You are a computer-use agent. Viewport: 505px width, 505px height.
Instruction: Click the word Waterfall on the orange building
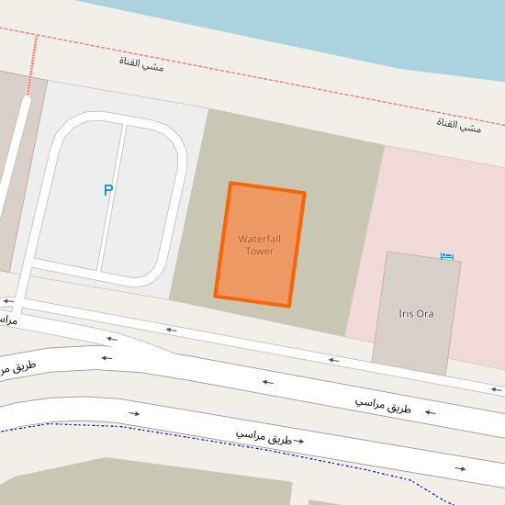(x=259, y=239)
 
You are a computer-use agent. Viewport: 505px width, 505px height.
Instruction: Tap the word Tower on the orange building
(x=259, y=251)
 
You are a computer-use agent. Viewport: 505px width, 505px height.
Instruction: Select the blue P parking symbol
(x=107, y=191)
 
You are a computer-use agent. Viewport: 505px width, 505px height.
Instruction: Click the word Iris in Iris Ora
(x=407, y=314)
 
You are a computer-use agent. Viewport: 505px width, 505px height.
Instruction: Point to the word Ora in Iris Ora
(x=424, y=314)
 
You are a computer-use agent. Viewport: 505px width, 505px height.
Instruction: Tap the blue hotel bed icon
(x=447, y=256)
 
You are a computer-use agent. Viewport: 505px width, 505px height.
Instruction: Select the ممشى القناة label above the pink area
(x=458, y=126)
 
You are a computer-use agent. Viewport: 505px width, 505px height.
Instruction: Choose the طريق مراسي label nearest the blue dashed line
(x=264, y=436)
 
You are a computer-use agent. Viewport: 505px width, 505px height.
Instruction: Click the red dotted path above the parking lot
(x=32, y=64)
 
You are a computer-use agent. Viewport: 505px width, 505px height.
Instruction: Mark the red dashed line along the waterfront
(x=275, y=73)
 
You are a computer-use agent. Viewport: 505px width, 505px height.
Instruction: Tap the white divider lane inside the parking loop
(x=112, y=197)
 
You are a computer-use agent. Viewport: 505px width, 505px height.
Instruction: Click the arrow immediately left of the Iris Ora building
(x=333, y=360)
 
